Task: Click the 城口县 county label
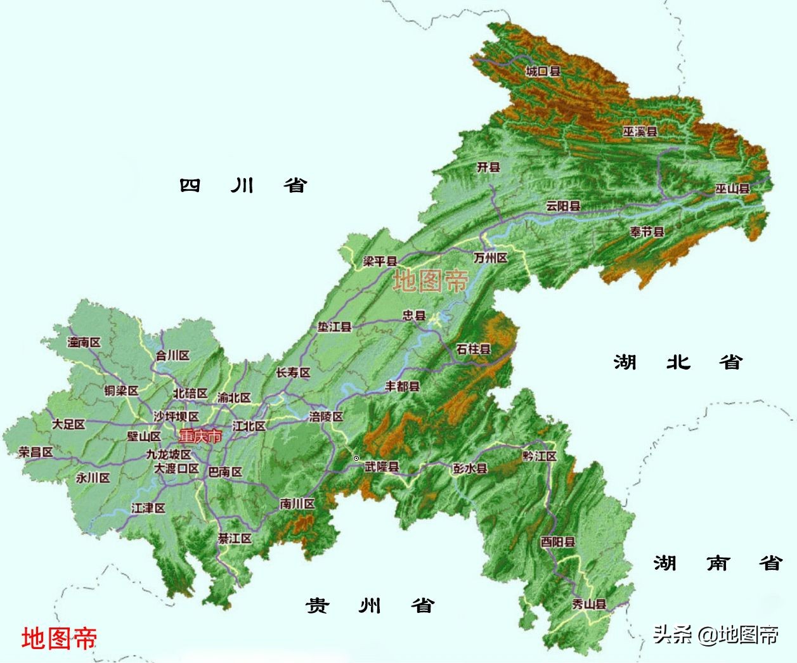pyautogui.click(x=543, y=71)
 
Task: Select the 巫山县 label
pyautogui.click(x=732, y=188)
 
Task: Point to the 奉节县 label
pyautogui.click(x=647, y=232)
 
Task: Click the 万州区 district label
pyautogui.click(x=491, y=258)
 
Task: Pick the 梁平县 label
pyautogui.click(x=380, y=261)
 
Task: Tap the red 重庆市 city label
pyautogui.click(x=200, y=437)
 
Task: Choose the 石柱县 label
pyautogui.click(x=473, y=349)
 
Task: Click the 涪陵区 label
pyautogui.click(x=327, y=416)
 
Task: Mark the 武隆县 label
pyautogui.click(x=382, y=467)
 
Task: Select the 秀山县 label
pyautogui.click(x=589, y=604)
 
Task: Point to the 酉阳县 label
pyautogui.click(x=558, y=542)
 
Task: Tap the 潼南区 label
pyautogui.click(x=84, y=342)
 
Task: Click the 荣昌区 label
pyautogui.click(x=36, y=452)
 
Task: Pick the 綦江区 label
pyautogui.click(x=235, y=538)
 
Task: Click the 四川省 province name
pyautogui.click(x=243, y=185)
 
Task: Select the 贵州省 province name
pyautogui.click(x=369, y=605)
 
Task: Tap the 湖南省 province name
pyautogui.click(x=718, y=563)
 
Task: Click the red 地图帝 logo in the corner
pyautogui.click(x=59, y=638)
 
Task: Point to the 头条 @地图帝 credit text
pyautogui.click(x=716, y=634)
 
